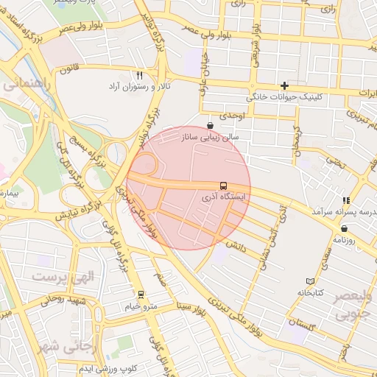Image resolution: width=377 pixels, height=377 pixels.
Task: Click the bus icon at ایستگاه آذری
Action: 223,186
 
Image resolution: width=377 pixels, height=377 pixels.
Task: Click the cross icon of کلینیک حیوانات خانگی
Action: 284,86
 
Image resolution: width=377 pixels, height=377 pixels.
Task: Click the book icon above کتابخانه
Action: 310,281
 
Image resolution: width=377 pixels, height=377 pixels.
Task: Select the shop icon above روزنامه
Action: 345,228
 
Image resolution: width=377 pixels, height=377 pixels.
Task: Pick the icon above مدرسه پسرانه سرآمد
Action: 345,200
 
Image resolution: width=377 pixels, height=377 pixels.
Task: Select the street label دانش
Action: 235,243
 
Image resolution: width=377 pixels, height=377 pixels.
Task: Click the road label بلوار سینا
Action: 194,303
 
